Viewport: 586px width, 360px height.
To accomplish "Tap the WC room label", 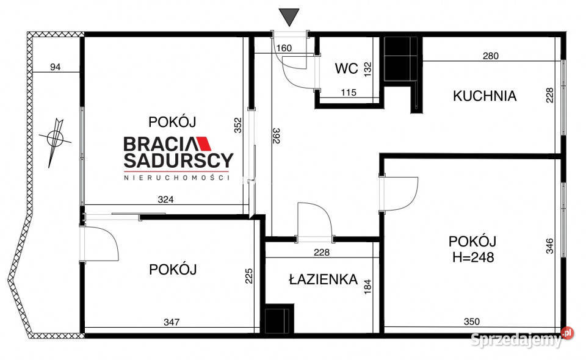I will tap(346, 68).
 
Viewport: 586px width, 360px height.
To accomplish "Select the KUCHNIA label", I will tap(485, 96).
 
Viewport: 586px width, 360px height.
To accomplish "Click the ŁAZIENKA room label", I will tap(323, 279).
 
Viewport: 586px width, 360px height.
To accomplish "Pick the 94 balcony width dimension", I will tap(55, 67).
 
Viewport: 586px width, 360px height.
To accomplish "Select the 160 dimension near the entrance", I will tap(284, 48).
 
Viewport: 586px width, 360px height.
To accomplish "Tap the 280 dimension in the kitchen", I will tap(490, 56).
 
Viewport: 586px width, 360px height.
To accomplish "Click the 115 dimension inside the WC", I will tap(349, 93).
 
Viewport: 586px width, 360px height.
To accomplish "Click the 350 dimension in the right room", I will tap(471, 322).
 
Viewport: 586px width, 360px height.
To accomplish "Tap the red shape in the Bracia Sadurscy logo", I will tap(203, 144).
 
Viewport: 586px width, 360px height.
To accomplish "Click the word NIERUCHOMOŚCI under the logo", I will tap(176, 178).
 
